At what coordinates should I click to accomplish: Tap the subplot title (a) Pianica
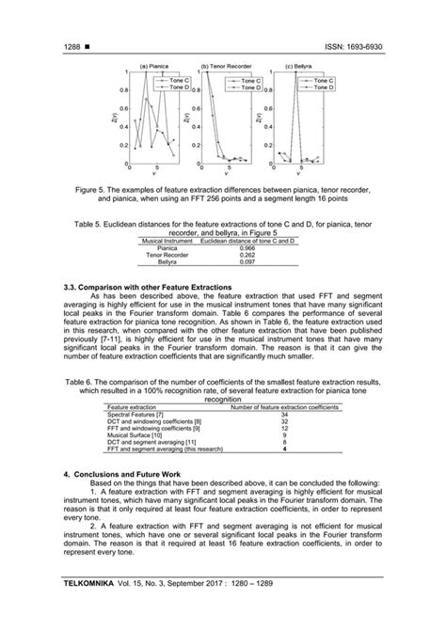point(154,67)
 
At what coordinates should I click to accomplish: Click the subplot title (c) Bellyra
point(298,67)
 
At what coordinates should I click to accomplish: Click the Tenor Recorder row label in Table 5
point(170,255)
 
